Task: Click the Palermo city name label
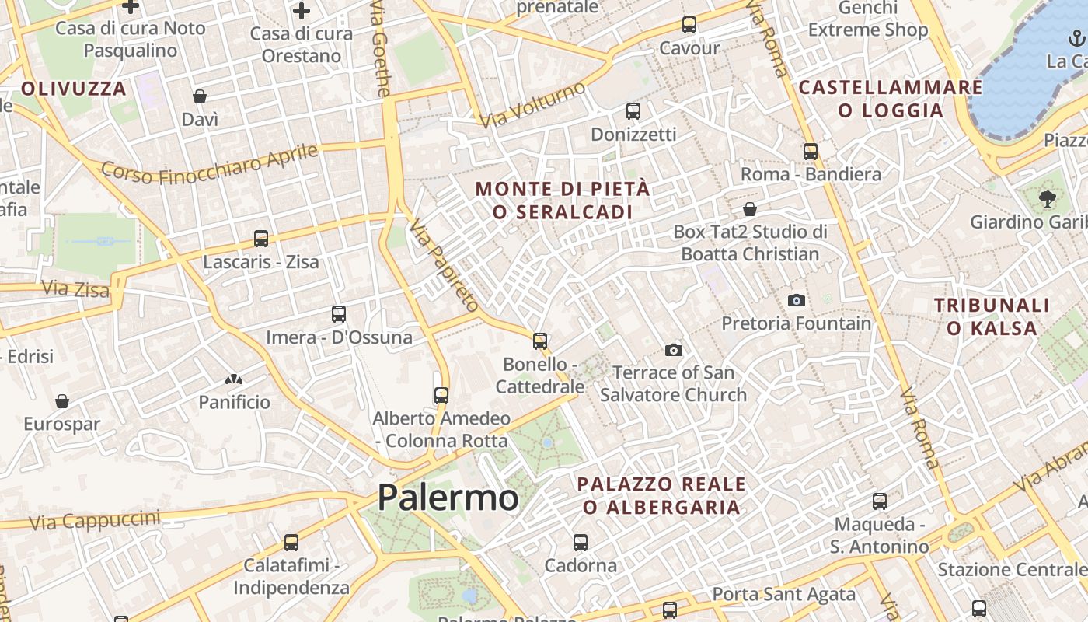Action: [x=448, y=498]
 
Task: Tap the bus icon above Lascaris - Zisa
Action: [x=261, y=239]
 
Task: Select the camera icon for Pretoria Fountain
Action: [x=797, y=300]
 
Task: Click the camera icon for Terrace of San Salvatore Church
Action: [x=674, y=350]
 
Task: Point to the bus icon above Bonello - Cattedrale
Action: [x=540, y=341]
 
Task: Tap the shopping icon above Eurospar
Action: [x=62, y=401]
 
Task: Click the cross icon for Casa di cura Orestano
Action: [x=302, y=11]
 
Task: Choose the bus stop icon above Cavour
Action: [x=689, y=25]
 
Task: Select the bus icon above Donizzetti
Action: [x=633, y=111]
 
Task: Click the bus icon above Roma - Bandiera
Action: [x=811, y=151]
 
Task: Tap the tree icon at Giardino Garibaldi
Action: [x=1047, y=198]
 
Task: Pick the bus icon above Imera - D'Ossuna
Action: [x=339, y=314]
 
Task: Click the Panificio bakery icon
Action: [x=233, y=379]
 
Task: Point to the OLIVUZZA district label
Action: [x=74, y=89]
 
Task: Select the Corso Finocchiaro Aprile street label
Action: [x=209, y=164]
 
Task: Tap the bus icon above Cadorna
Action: [x=581, y=542]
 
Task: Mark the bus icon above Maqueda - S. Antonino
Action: [x=880, y=501]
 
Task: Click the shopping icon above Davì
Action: [x=200, y=96]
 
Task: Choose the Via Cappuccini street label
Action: [x=94, y=519]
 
